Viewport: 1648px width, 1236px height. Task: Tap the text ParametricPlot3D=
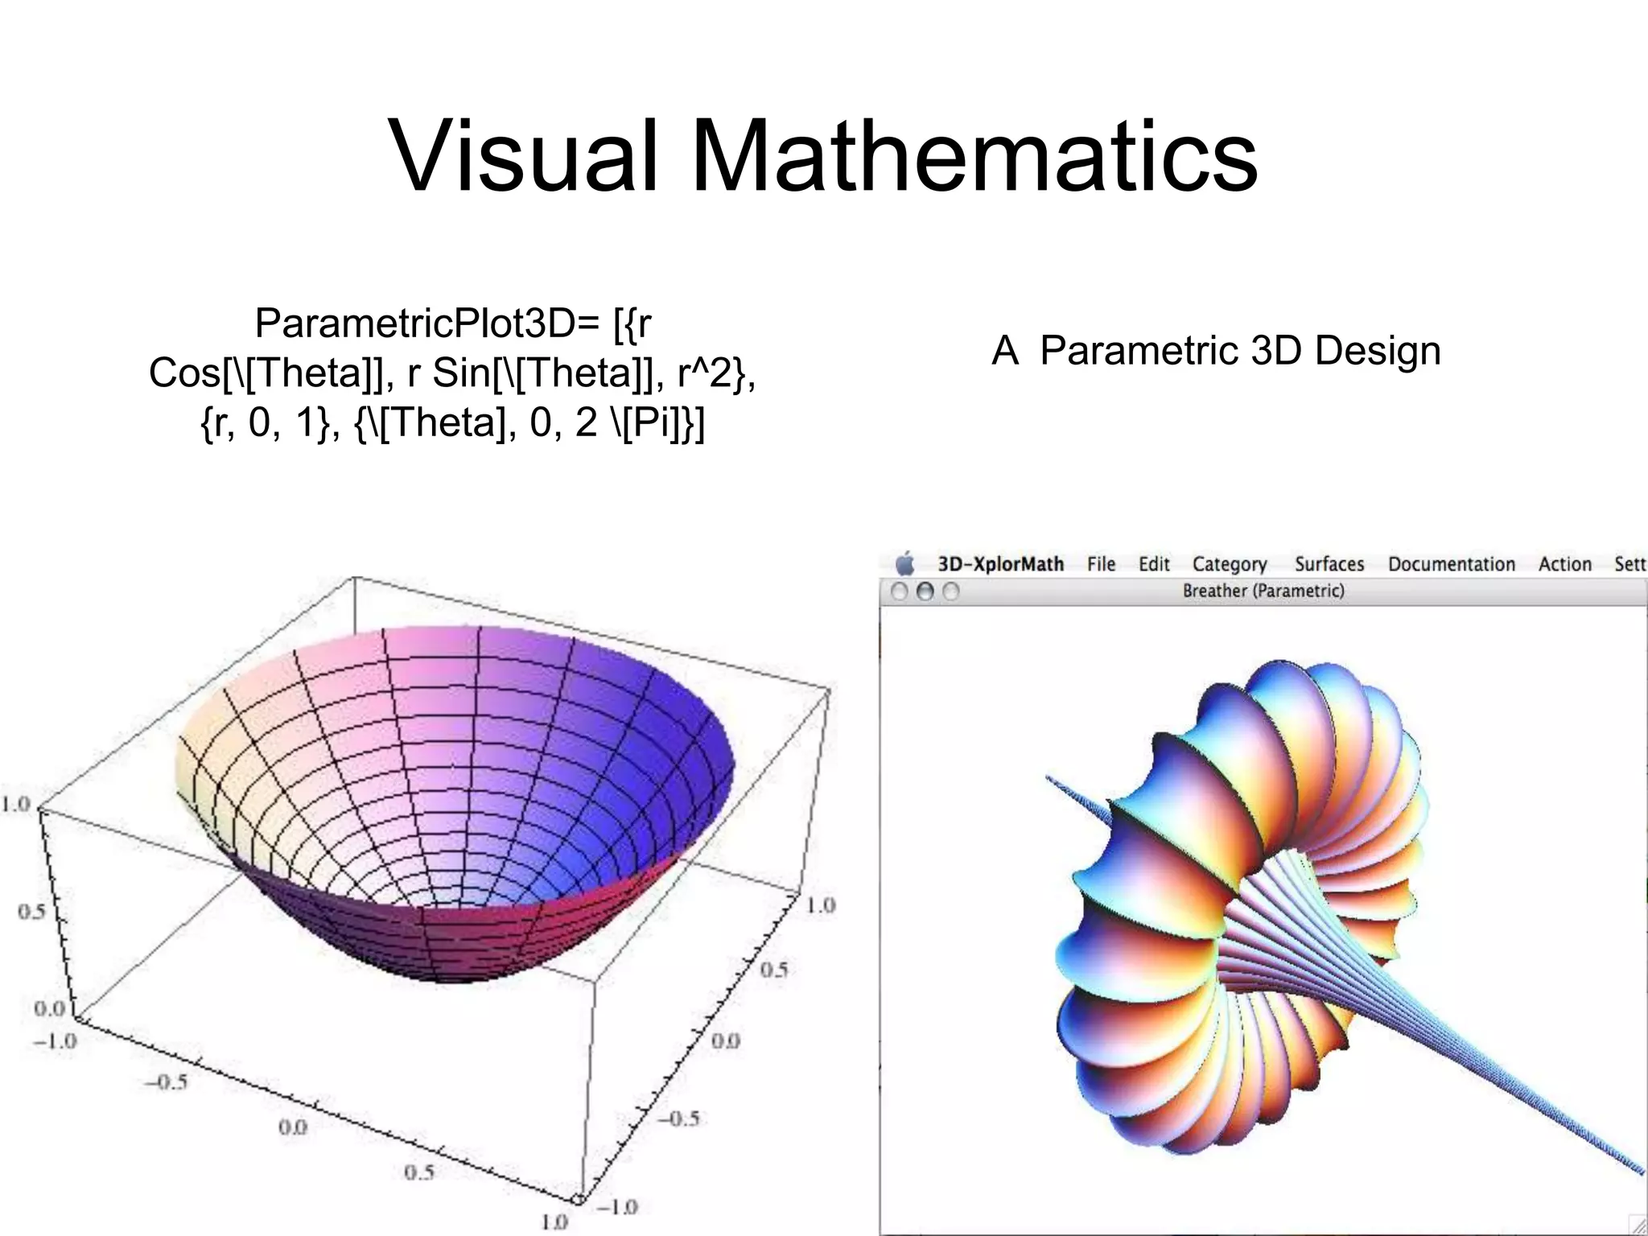click(x=427, y=323)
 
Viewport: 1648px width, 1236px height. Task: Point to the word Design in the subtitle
click(x=1378, y=351)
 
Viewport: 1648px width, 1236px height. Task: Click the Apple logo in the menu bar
click(x=905, y=563)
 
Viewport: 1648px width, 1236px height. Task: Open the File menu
click(x=1101, y=564)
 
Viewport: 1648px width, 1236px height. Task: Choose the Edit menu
click(x=1154, y=564)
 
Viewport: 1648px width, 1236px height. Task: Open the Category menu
click(x=1230, y=565)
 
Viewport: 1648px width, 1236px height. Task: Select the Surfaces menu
click(x=1329, y=564)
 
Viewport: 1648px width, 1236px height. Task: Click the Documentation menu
click(x=1452, y=564)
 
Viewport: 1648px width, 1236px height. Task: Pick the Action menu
click(x=1565, y=564)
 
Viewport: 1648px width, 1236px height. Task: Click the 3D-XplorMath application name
click(x=1001, y=564)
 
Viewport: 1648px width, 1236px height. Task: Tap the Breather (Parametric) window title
click(x=1263, y=591)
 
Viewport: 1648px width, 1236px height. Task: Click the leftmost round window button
click(x=900, y=591)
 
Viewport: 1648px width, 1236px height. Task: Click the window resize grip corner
click(x=1637, y=1226)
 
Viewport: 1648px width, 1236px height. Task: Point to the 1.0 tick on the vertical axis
click(x=15, y=804)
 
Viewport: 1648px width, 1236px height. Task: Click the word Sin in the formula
click(x=458, y=373)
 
